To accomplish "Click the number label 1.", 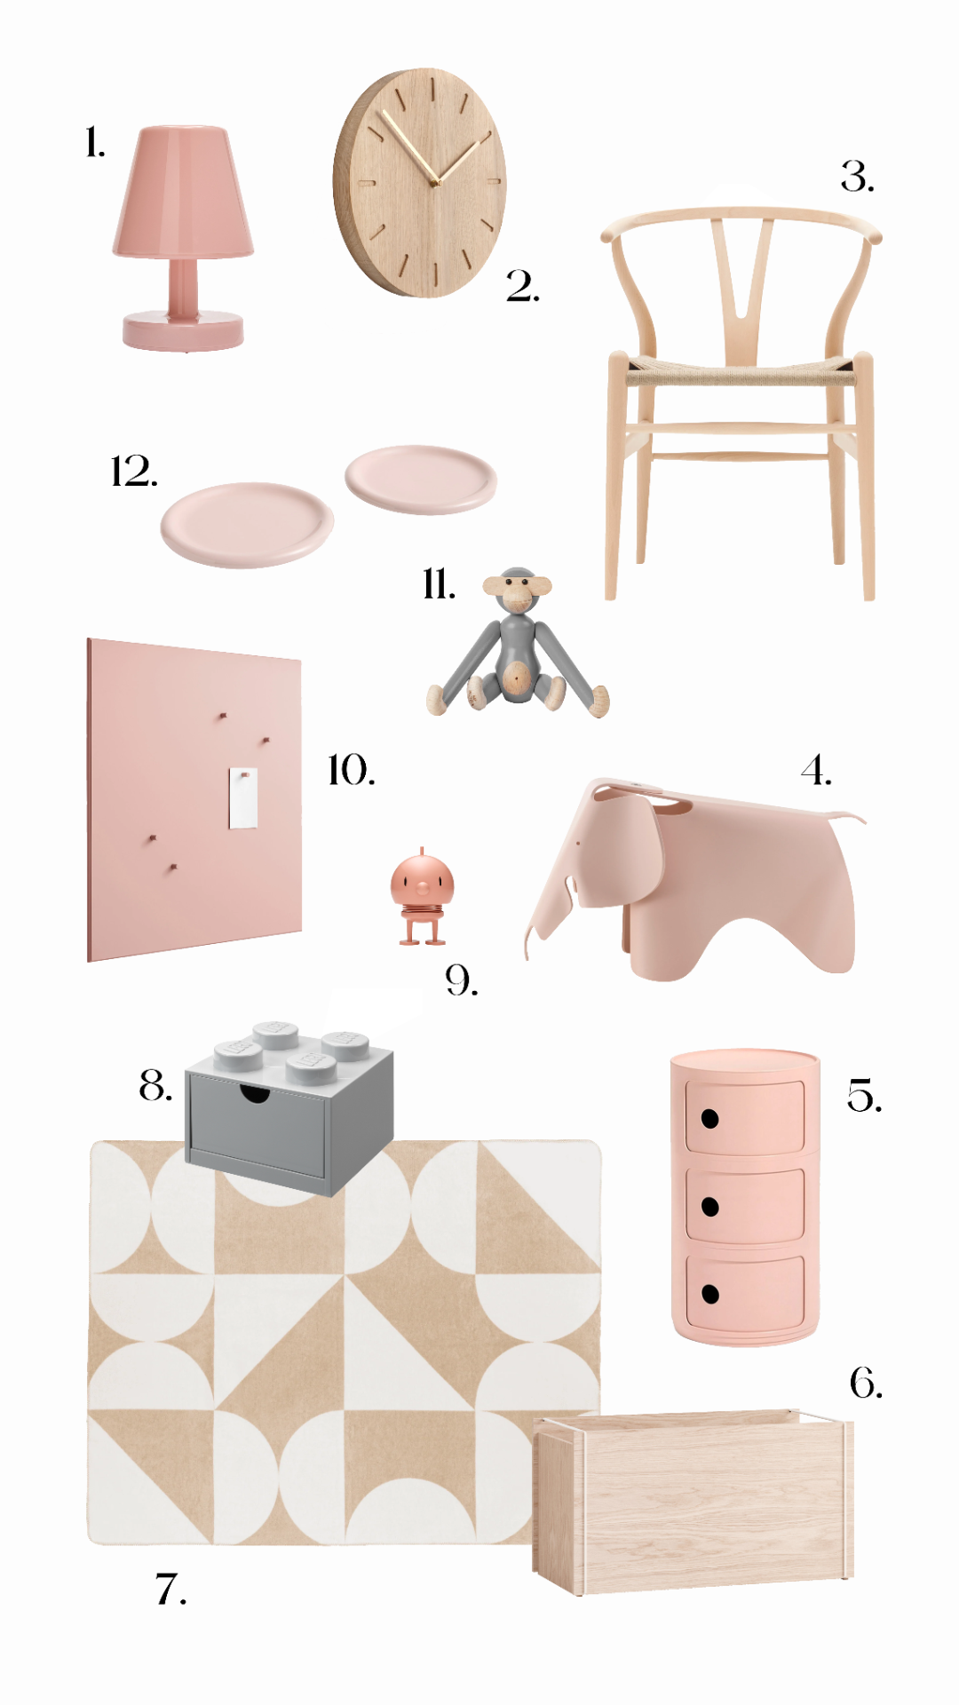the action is [95, 142].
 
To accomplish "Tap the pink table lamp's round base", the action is [183, 330].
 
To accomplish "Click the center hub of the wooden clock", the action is [435, 183].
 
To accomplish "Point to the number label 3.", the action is [857, 177].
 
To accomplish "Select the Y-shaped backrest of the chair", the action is [741, 284].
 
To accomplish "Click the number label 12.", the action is [134, 472].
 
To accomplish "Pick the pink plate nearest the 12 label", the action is [247, 524].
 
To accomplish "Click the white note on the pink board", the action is [243, 798].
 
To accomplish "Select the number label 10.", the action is [352, 770].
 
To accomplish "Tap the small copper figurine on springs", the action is [422, 896].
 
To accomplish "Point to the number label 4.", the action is [816, 770].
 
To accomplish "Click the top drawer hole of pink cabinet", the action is [709, 1119].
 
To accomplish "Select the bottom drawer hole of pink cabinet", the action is [709, 1294].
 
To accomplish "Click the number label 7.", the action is [170, 1590].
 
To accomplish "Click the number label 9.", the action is [461, 980].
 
